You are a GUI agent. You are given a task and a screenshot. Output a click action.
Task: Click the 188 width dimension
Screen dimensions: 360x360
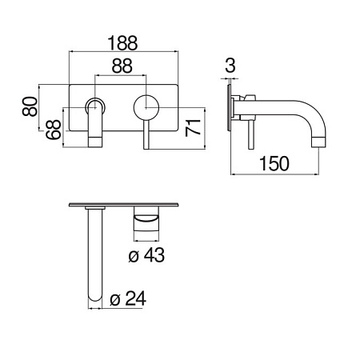click(122, 42)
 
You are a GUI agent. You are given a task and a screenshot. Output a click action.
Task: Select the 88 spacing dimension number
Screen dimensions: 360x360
click(122, 66)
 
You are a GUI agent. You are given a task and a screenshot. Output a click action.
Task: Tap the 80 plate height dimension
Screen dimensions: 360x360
click(30, 106)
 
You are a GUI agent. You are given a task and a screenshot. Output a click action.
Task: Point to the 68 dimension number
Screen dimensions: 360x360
click(53, 130)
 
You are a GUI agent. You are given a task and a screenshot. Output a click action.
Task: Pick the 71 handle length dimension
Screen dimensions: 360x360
click(193, 128)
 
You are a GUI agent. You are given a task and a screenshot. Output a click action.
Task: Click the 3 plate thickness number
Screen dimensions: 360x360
click(230, 66)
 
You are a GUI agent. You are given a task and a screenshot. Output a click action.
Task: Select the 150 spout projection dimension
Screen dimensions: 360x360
click(274, 163)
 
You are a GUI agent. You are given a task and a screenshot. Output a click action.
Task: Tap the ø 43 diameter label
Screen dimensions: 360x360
click(146, 255)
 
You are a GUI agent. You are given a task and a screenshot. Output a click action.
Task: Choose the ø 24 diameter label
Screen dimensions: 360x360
click(128, 298)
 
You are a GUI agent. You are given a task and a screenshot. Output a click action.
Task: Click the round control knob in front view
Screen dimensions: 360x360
click(146, 107)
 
